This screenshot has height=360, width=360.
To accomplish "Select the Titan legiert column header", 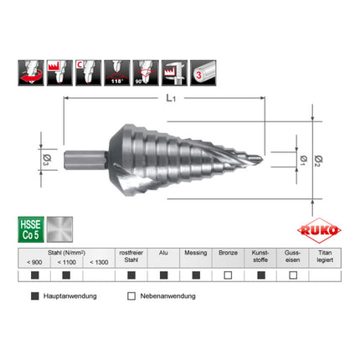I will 324,256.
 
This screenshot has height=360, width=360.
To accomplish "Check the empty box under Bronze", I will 227,275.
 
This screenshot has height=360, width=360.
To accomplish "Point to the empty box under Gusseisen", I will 292,275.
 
